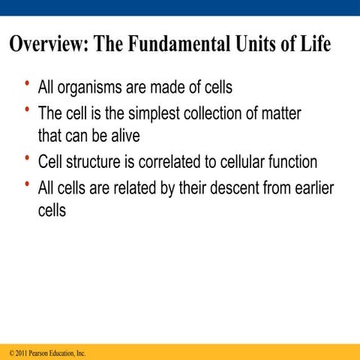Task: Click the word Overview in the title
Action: (x=46, y=44)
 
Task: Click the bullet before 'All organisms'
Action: (x=27, y=84)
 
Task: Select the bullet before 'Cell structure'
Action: (x=27, y=158)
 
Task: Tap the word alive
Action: (x=124, y=138)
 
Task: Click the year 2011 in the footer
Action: (x=18, y=352)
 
